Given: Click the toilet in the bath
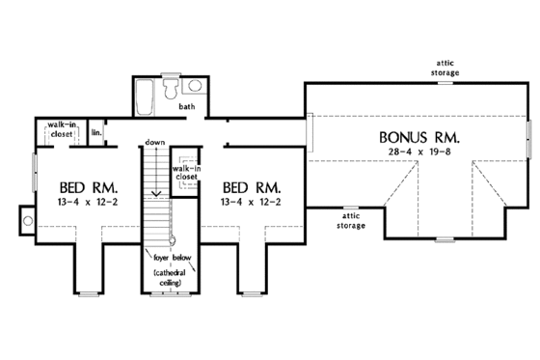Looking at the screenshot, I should coord(170,89).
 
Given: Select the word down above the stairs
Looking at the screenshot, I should coord(155,143).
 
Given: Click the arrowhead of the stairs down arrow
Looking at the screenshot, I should coord(155,150).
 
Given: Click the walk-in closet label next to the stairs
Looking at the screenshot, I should coord(185,173).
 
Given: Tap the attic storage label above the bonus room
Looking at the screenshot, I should coord(445,67).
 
